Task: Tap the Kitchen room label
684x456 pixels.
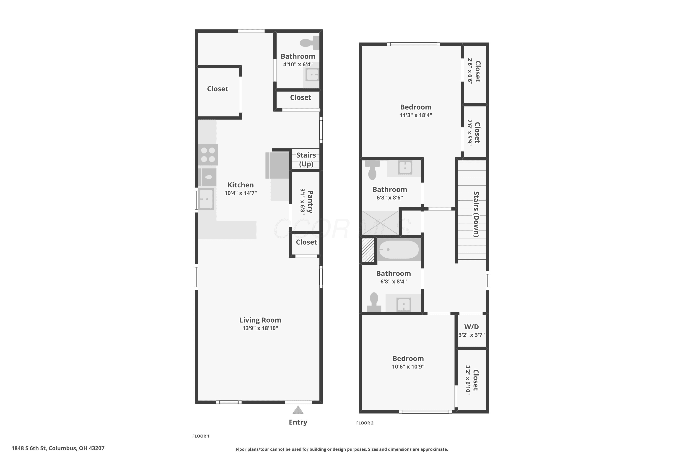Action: click(241, 185)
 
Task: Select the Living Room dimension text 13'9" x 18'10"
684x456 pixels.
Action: click(260, 328)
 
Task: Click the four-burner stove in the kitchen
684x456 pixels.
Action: click(208, 155)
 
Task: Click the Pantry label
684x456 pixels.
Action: click(310, 202)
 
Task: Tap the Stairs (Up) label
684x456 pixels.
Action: click(306, 159)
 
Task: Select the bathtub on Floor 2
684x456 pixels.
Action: click(399, 249)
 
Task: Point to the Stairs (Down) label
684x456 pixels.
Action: click(476, 214)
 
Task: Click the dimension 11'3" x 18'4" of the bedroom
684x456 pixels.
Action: click(416, 115)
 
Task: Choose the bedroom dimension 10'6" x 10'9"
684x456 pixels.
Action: click(408, 367)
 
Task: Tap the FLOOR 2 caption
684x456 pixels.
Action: click(365, 423)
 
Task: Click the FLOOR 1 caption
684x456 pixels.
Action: click(201, 436)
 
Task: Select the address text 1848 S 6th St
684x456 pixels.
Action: click(29, 448)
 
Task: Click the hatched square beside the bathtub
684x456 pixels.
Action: click(368, 250)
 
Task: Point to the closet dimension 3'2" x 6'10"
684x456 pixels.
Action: click(468, 380)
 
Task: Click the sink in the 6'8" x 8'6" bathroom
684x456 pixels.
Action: click(405, 168)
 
